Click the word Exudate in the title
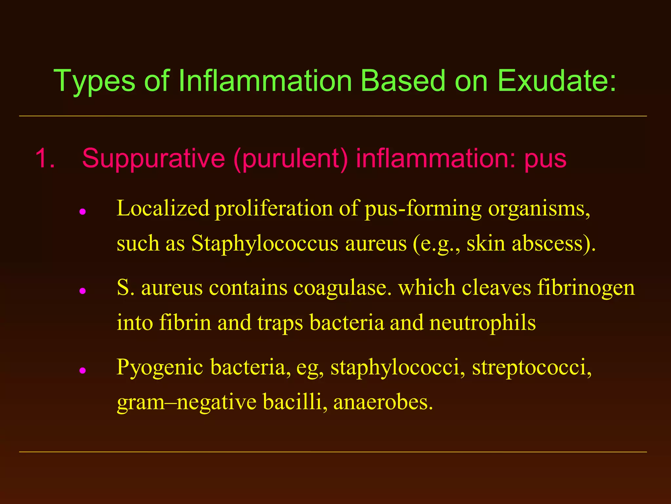point(557,81)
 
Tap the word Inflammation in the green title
point(265,81)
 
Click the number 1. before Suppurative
point(45,158)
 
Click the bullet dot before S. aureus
point(83,291)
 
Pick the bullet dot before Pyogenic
point(83,370)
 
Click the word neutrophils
point(483,323)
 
